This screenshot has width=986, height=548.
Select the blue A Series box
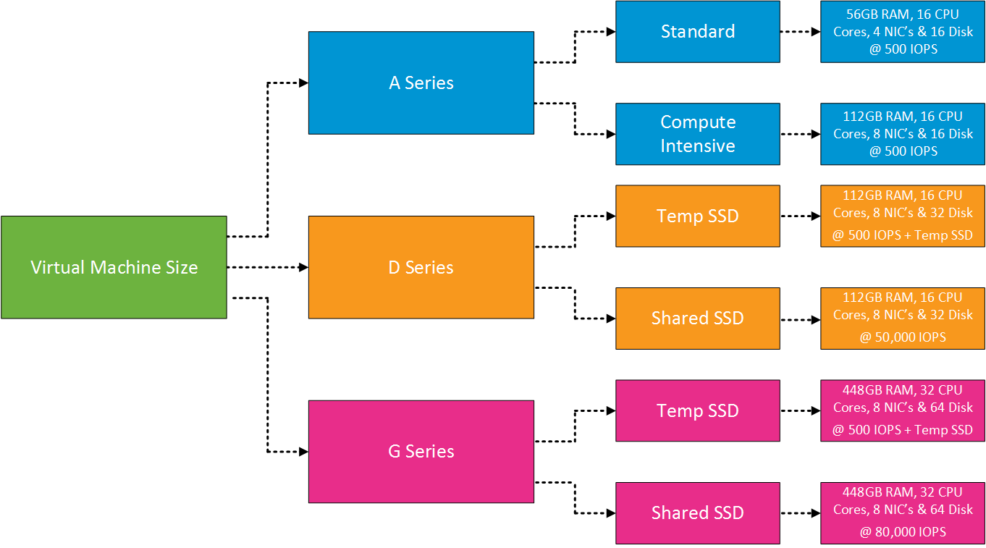point(421,83)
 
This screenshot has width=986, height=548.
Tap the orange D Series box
point(421,267)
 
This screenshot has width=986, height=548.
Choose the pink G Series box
point(421,451)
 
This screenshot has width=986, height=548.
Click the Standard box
point(697,31)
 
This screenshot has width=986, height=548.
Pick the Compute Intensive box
point(697,134)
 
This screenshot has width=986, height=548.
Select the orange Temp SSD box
point(697,216)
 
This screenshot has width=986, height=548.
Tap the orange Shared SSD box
point(697,318)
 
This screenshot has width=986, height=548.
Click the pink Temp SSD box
point(697,410)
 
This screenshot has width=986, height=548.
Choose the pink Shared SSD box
point(697,513)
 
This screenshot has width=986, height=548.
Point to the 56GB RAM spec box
point(902,31)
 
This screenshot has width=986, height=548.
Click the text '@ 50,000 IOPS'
point(902,337)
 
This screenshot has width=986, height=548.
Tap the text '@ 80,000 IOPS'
point(902,531)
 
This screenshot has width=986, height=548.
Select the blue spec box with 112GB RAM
point(902,134)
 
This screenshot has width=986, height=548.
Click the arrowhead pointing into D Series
point(303,267)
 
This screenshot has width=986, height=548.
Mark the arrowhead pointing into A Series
point(303,83)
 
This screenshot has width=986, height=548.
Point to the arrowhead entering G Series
point(303,452)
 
